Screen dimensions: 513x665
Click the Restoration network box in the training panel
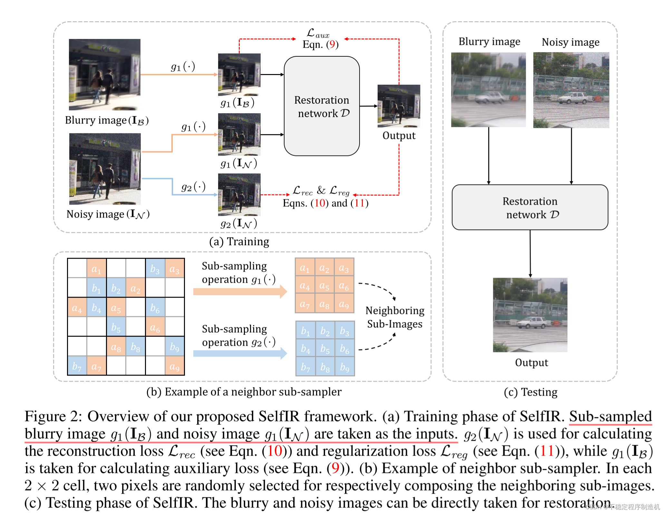[322, 106]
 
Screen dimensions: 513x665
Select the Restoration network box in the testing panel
[530, 207]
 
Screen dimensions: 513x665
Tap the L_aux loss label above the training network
[318, 33]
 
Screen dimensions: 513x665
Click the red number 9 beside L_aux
[332, 44]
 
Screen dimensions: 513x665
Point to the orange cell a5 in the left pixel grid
[116, 308]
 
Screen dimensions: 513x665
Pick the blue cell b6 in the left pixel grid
[155, 308]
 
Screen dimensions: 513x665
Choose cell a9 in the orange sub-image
[344, 304]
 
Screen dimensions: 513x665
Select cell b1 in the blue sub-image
[305, 331]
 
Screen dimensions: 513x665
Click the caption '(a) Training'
[239, 242]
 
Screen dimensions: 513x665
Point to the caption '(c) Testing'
[530, 392]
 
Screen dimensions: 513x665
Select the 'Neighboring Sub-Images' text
[395, 317]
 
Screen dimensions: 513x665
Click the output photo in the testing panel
[530, 315]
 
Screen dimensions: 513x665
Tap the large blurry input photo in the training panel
[105, 75]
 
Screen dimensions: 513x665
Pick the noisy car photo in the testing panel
[571, 90]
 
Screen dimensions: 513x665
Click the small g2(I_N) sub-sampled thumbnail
[239, 195]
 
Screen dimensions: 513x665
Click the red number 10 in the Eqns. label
[320, 203]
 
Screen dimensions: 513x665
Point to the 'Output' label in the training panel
[399, 136]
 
